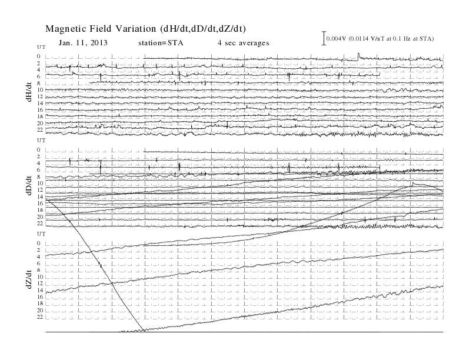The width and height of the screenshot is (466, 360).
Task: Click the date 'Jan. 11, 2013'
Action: (83, 43)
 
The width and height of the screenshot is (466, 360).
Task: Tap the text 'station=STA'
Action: (161, 43)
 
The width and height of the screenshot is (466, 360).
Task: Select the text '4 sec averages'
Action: (244, 43)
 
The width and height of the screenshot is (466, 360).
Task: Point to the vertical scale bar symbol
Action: (324, 38)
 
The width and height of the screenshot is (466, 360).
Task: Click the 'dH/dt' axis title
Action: (29, 92)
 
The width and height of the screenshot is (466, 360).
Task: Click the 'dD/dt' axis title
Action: (29, 186)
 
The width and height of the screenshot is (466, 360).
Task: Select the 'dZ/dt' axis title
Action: (29, 279)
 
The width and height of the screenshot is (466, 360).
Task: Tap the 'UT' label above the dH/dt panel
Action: (41, 47)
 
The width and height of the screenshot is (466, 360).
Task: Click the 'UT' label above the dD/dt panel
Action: (41, 140)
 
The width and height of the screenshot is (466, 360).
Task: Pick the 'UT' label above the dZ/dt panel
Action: (41, 234)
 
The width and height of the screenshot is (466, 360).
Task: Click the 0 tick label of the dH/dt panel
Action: (39, 56)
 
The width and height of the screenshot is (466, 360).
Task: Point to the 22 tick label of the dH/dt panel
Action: (40, 130)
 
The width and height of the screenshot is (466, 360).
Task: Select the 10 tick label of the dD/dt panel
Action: (40, 184)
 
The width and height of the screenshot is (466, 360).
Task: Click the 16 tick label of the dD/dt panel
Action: (40, 203)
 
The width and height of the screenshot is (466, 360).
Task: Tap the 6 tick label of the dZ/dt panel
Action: (39, 264)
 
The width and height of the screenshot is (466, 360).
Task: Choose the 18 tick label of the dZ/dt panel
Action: (40, 304)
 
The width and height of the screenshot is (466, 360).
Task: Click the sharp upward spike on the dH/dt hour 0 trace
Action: (358, 55)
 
